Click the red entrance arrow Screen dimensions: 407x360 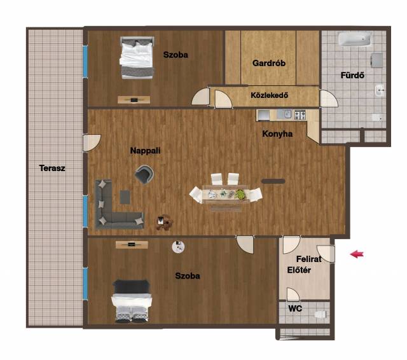click(357, 254)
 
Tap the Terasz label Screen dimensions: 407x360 click(52, 168)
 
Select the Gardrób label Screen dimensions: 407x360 click(269, 63)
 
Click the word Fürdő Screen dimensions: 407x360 click(352, 75)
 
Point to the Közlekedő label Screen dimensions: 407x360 click(269, 95)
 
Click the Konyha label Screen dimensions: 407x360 click(277, 134)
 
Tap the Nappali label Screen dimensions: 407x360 click(145, 151)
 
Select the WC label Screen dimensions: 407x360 click(295, 308)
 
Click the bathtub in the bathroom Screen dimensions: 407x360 click(355, 39)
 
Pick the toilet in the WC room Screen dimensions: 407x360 click(320, 315)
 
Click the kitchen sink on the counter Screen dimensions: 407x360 click(284, 114)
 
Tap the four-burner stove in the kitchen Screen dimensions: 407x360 click(300, 115)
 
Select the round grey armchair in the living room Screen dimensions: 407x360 click(144, 174)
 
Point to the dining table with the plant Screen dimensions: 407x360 click(226, 193)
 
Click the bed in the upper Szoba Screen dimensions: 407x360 click(137, 58)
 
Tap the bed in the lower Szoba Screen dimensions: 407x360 click(132, 301)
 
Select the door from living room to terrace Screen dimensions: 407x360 click(92, 142)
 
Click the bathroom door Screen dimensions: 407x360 click(329, 99)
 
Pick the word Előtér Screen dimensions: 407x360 click(299, 270)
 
